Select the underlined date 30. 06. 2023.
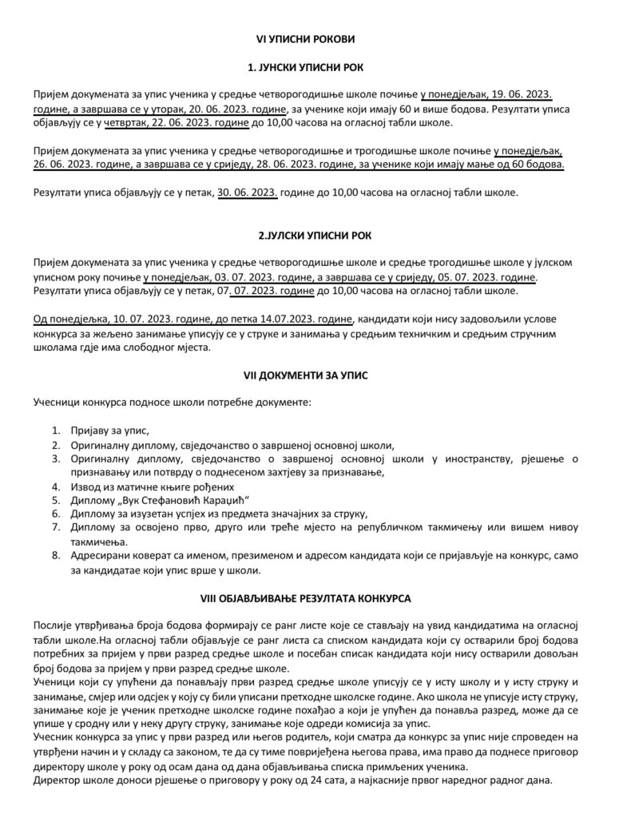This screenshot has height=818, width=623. [248, 193]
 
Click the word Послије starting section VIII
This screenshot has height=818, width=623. [54, 623]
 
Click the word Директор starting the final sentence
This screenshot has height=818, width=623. [60, 780]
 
